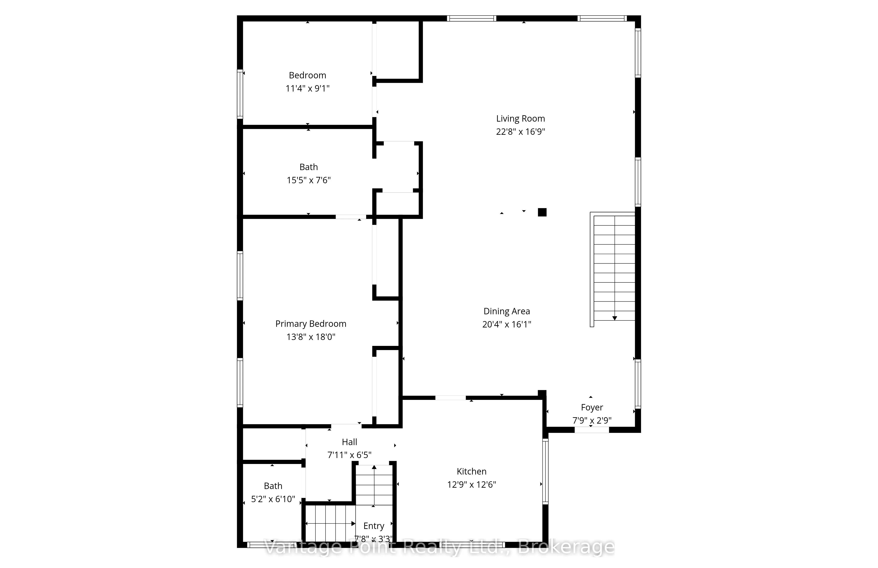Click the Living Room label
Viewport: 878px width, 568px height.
[x=520, y=119]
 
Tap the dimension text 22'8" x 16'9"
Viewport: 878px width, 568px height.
[x=520, y=132]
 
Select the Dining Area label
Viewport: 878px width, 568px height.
[x=507, y=311]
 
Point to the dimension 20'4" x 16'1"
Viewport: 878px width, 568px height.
[x=507, y=324]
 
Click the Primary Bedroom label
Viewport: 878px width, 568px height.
[x=311, y=324]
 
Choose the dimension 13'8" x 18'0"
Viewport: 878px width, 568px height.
[x=311, y=337]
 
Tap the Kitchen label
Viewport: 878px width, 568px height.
[x=471, y=471]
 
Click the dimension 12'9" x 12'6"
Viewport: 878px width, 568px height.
[x=471, y=485]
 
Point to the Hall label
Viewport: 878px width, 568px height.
[x=349, y=442]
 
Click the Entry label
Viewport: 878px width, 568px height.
[x=374, y=526]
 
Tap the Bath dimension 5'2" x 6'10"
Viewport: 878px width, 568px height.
[x=273, y=499]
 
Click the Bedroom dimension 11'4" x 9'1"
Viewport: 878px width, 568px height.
[x=307, y=88]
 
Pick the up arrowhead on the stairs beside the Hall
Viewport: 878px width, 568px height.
[x=374, y=467]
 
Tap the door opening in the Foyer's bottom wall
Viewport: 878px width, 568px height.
[x=592, y=430]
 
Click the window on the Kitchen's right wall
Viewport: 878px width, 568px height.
[x=545, y=471]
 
